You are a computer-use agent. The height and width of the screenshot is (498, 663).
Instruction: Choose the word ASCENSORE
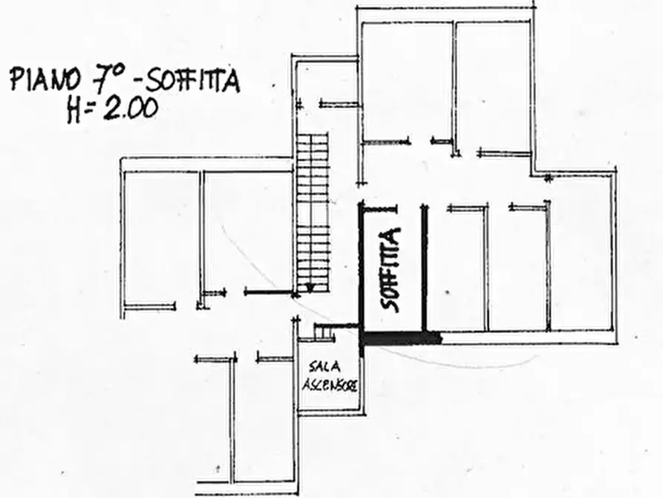click(x=330, y=385)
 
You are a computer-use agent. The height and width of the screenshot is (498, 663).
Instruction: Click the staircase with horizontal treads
click(x=312, y=212)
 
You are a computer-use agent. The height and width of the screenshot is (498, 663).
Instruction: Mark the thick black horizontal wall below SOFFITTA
click(x=400, y=338)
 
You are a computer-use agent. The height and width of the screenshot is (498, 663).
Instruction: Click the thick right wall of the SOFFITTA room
click(x=425, y=268)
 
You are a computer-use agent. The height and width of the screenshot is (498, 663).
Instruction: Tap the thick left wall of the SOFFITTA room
click(x=362, y=268)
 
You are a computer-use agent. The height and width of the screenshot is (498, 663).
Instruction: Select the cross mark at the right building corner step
click(x=547, y=178)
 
